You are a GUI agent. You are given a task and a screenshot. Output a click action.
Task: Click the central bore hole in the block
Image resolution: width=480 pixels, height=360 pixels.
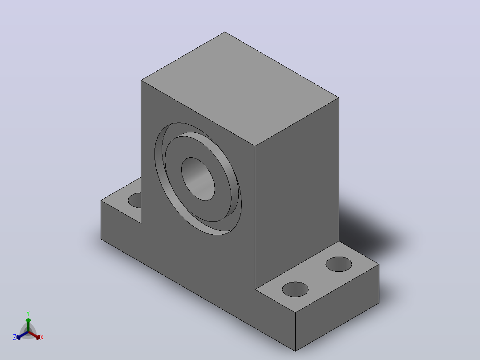pyautogui.click(x=198, y=179)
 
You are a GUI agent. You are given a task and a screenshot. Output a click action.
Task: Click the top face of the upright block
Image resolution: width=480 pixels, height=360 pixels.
pyautogui.click(x=240, y=89)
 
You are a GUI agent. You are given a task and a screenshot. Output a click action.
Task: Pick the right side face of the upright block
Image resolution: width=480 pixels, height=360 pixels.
pyautogui.click(x=297, y=193)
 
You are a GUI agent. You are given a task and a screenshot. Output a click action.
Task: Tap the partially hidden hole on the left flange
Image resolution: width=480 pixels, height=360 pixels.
pyautogui.click(x=135, y=200)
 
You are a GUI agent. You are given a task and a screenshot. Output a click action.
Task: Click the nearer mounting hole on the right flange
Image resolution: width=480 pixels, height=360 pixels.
pyautogui.click(x=295, y=289)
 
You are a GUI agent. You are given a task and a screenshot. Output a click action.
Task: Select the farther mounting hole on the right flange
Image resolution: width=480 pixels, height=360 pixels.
pyautogui.click(x=338, y=264)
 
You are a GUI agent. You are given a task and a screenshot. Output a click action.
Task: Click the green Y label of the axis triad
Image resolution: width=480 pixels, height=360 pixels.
pyautogui.click(x=28, y=313)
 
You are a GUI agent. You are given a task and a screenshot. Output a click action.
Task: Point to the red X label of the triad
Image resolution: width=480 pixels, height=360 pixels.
pyautogui.click(x=42, y=337)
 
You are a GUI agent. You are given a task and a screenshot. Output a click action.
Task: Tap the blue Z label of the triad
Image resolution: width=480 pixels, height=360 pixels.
pyautogui.click(x=15, y=337)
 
